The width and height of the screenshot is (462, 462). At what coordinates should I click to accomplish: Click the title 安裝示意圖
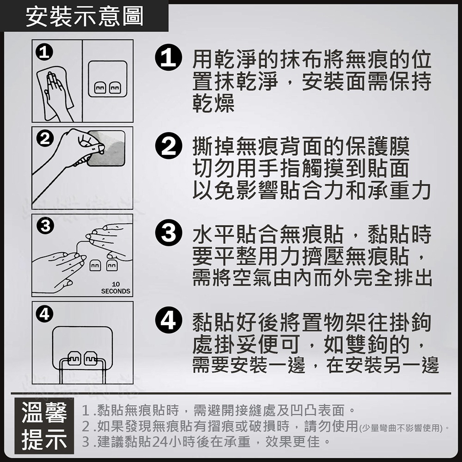pyautogui.click(x=85, y=17)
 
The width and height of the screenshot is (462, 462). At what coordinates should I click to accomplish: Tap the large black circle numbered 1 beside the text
pyautogui.click(x=169, y=61)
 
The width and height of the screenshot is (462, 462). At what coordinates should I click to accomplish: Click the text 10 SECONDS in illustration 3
pyautogui.click(x=115, y=288)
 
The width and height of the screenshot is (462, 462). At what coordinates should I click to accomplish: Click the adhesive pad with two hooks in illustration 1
pyautogui.click(x=108, y=79)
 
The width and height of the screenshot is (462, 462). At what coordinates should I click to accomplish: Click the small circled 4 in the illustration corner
pyautogui.click(x=43, y=315)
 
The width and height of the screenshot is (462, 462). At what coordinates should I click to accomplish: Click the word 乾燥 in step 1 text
pyautogui.click(x=213, y=104)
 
